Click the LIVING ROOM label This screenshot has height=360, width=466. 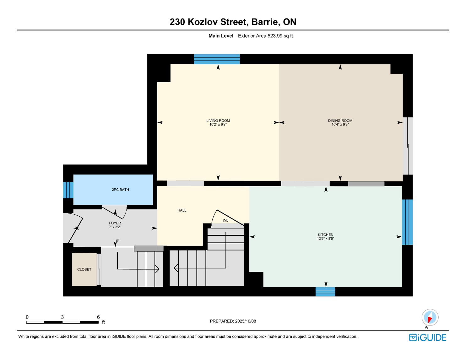218,121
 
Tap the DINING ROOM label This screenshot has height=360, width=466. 340,121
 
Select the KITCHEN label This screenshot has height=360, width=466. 326,235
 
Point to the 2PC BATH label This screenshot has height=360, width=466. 120,190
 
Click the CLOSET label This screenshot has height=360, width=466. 84,269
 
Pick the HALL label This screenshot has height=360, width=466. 182,210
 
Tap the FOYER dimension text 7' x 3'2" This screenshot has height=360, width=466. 115,227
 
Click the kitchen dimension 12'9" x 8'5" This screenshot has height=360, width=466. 326,239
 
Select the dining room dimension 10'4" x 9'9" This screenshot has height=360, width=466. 340,125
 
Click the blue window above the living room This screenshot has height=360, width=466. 217,59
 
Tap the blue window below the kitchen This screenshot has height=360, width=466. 325,292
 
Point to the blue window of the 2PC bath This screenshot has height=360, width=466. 68,190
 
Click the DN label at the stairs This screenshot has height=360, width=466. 225,221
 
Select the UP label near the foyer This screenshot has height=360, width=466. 117,241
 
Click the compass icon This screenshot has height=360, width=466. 430,317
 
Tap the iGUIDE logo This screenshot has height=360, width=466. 427,337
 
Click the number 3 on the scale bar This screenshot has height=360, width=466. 62,317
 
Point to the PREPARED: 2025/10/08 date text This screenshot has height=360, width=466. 233,321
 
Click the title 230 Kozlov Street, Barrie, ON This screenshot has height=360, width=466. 233,22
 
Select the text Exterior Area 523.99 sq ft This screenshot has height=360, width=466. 265,36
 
